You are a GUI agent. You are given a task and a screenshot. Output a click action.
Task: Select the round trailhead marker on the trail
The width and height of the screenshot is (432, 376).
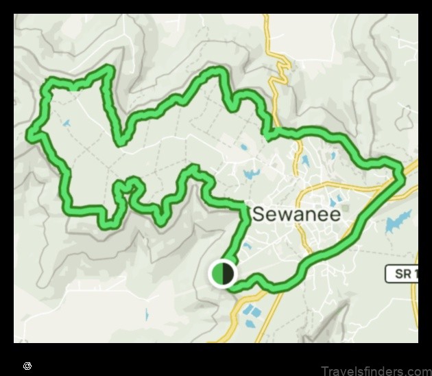tap(222, 274)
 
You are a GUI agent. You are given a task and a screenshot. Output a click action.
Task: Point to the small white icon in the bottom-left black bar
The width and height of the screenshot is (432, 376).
tap(27, 366)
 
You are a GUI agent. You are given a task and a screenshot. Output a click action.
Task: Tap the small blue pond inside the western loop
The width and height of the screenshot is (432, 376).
tap(67, 124)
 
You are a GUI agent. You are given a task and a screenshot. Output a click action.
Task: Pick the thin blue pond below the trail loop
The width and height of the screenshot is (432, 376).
tap(146, 314)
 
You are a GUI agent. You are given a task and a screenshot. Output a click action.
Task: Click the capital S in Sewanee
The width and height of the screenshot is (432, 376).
tap(259, 214)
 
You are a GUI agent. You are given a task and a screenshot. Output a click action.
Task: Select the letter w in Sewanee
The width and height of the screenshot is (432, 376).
tap(283, 215)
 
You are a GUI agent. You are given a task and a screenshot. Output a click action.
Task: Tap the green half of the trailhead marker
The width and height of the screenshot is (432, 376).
tap(217, 274)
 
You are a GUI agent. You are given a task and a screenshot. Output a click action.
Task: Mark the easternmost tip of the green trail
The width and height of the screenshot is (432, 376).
tap(402, 174)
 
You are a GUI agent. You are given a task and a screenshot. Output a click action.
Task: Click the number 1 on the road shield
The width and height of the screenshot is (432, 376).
tap(414, 273)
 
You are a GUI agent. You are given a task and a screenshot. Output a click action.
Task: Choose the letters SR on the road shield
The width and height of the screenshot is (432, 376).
tap(400, 273)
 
